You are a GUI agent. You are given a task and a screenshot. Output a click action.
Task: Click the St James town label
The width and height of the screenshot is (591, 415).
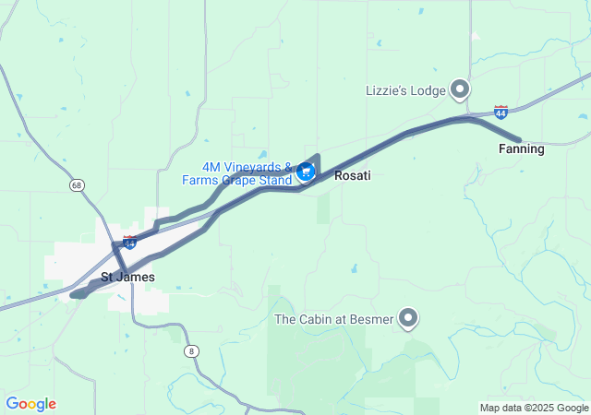[x=127, y=277]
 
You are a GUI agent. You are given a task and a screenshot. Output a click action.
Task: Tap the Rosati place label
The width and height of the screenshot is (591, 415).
[x=352, y=175]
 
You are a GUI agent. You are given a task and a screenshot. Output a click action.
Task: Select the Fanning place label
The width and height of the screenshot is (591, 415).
[x=521, y=148]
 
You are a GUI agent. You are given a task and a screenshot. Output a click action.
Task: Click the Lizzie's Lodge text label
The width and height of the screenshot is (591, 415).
[x=404, y=89]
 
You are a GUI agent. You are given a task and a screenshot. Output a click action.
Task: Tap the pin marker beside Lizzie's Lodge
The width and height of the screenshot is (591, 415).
[x=460, y=89]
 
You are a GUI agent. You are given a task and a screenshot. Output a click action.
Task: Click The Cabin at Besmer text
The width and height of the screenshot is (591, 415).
[x=333, y=320]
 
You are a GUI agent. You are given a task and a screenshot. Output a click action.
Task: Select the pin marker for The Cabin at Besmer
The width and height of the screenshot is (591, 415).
[x=408, y=319]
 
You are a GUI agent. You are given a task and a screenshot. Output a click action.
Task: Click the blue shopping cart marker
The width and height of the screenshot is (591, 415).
[x=305, y=172]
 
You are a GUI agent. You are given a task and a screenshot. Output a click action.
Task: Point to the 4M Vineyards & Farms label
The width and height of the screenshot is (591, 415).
[x=247, y=168]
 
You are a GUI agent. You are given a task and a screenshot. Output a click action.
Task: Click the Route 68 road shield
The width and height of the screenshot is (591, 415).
[x=76, y=185]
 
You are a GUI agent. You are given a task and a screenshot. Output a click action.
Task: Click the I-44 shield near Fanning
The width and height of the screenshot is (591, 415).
[x=501, y=113]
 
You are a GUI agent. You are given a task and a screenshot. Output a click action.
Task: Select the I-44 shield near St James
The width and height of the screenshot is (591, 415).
[x=130, y=243]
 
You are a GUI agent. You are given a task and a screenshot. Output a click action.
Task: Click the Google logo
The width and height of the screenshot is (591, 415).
[x=30, y=404]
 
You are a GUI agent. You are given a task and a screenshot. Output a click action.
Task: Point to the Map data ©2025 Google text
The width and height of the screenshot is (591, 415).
[x=534, y=408]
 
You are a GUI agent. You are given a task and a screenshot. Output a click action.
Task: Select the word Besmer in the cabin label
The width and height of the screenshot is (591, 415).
[x=373, y=320]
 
